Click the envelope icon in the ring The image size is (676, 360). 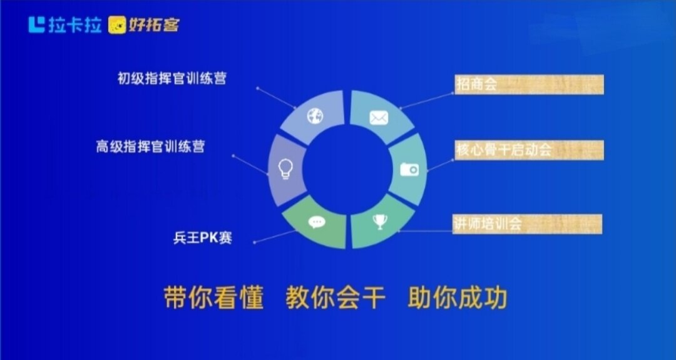tap(379, 118)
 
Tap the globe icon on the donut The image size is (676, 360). tap(315, 116)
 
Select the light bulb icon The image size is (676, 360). tap(285, 168)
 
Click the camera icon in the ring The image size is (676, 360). tap(409, 169)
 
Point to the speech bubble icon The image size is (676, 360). tap(317, 222)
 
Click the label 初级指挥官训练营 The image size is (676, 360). tap(172, 78)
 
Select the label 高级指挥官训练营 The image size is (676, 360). tap(150, 147)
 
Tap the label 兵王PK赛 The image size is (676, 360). tap(203, 237)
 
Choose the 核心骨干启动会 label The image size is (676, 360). tap(503, 150)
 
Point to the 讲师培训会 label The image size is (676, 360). tap(488, 224)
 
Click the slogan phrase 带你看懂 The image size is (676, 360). tap(213, 297)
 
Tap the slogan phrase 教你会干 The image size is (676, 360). tap(335, 297)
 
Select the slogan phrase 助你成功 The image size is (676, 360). tap(457, 297)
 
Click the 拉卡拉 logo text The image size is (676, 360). tap(74, 24)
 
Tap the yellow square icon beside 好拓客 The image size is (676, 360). tap(117, 25)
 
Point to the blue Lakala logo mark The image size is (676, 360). tap(37, 24)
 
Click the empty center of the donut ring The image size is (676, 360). tap(347, 169)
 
